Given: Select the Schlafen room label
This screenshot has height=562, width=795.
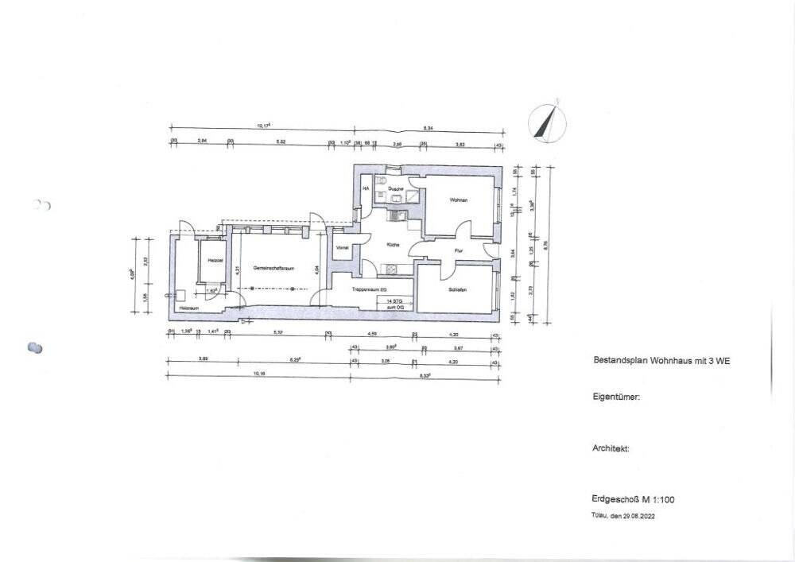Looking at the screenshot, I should [x=456, y=289].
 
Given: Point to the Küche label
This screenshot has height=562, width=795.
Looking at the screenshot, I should [x=392, y=245].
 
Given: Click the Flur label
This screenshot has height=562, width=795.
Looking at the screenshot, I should [x=458, y=250].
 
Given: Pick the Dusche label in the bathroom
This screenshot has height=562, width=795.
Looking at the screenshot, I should [x=395, y=188].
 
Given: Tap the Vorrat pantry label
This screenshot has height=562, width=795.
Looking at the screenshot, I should [x=343, y=247].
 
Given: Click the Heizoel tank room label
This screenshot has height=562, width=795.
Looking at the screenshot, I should [x=214, y=260].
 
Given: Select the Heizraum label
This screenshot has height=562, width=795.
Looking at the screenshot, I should [x=187, y=308].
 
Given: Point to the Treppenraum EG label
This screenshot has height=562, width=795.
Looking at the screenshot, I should [x=370, y=289].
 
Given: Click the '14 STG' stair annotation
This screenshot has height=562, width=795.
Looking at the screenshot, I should [x=392, y=301].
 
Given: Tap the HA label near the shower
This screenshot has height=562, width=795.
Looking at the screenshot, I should [x=366, y=188].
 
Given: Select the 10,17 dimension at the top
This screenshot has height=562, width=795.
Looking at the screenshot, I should [x=263, y=126].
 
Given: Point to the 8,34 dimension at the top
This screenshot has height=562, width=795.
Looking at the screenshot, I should [x=428, y=127].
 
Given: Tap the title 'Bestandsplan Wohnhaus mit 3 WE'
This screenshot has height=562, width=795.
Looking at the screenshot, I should [x=661, y=360].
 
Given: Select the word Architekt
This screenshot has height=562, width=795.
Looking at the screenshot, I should [x=611, y=448].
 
